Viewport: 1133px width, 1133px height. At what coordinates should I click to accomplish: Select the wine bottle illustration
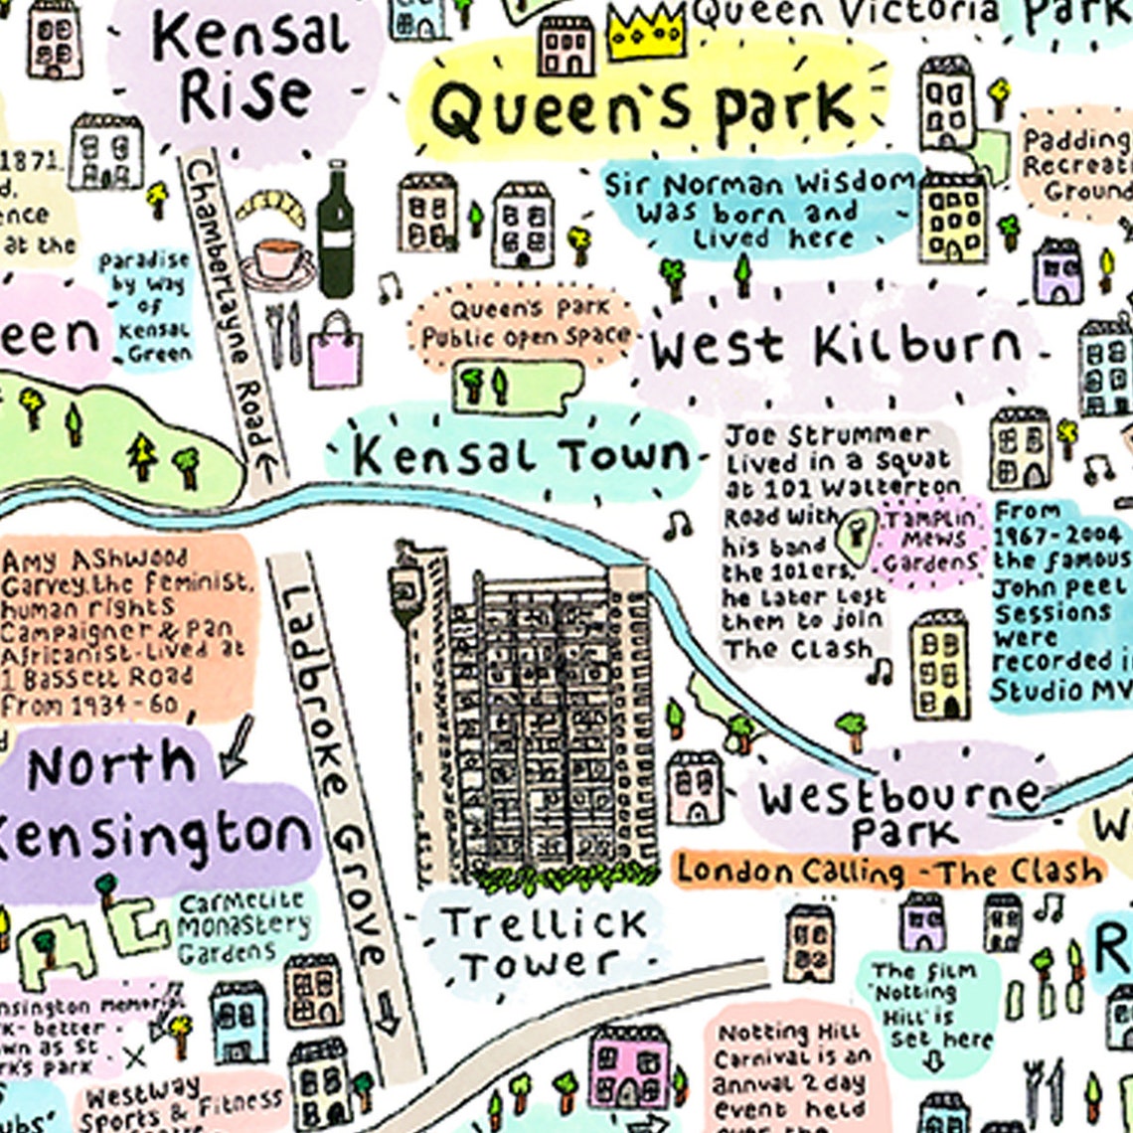(336, 231)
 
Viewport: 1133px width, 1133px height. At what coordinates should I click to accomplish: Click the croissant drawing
(270, 209)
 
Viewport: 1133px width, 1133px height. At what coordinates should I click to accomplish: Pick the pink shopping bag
(335, 350)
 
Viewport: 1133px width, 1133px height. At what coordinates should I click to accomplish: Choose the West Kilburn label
(835, 347)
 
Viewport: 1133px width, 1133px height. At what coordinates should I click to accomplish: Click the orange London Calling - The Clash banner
(890, 872)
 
